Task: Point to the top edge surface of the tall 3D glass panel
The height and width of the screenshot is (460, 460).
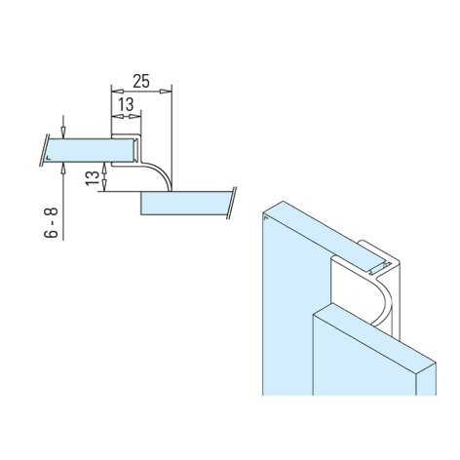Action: tap(312, 223)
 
